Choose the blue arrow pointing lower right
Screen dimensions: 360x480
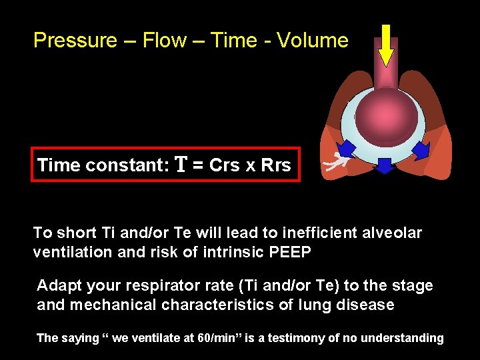point(421,149)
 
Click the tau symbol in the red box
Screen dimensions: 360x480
point(181,165)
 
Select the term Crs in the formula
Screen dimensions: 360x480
point(225,165)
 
